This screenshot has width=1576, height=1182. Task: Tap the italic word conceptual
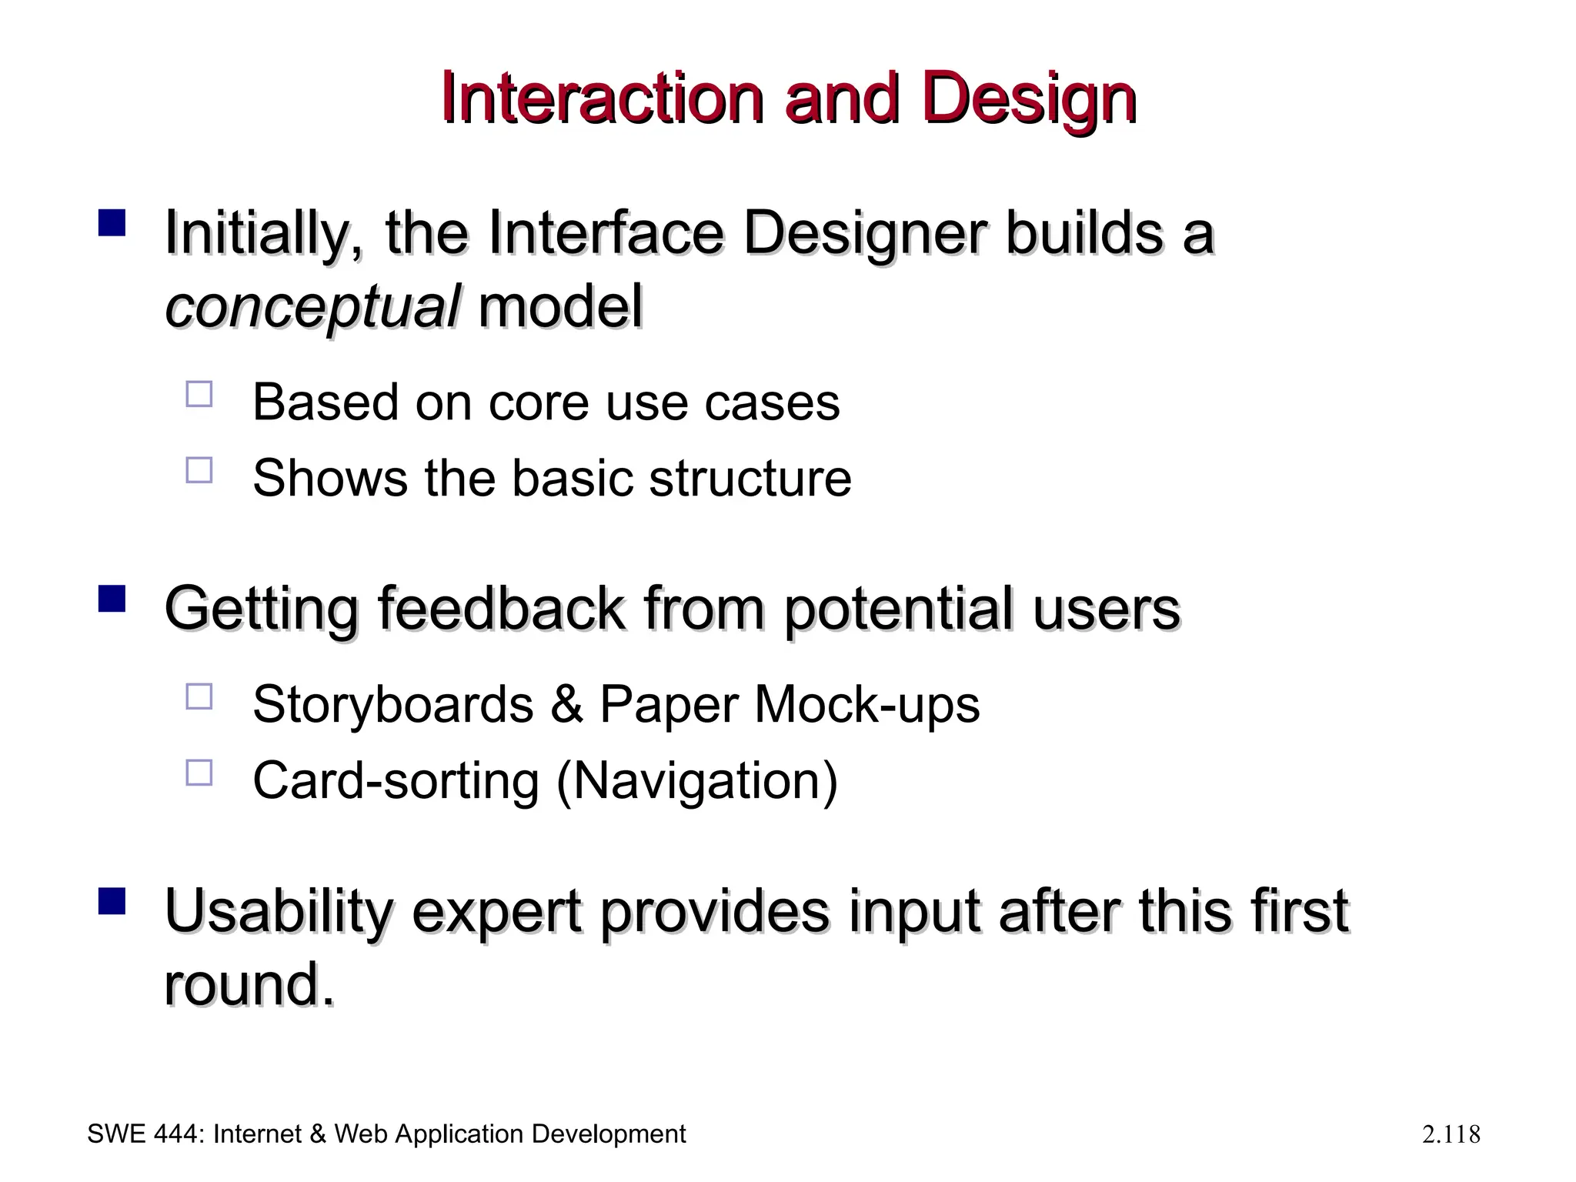click(x=312, y=307)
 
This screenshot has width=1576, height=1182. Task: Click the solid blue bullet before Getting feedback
click(x=112, y=599)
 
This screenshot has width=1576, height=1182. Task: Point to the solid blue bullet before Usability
click(x=112, y=901)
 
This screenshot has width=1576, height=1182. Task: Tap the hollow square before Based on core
click(x=199, y=394)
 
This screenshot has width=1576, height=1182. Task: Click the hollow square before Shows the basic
click(x=199, y=469)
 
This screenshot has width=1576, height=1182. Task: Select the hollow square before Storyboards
click(x=199, y=696)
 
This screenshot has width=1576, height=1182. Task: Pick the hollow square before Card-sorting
click(x=199, y=772)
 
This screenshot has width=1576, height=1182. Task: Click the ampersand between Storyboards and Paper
click(x=566, y=704)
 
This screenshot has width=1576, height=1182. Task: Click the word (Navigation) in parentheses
click(x=696, y=781)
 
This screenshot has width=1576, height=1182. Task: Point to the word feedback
click(x=501, y=609)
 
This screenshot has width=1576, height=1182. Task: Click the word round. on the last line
click(x=249, y=984)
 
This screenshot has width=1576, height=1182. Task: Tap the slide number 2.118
click(x=1451, y=1134)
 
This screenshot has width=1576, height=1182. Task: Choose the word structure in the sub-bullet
click(x=750, y=478)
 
